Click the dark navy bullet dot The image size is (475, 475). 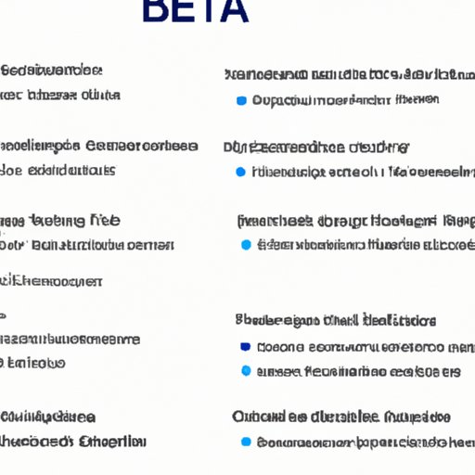click(245, 347)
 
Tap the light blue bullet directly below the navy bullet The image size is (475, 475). click(245, 371)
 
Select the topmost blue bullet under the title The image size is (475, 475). click(241, 99)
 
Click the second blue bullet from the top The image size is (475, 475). click(241, 172)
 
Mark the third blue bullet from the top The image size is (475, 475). click(245, 245)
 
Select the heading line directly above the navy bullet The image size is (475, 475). click(336, 321)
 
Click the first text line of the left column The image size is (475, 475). click(52, 71)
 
